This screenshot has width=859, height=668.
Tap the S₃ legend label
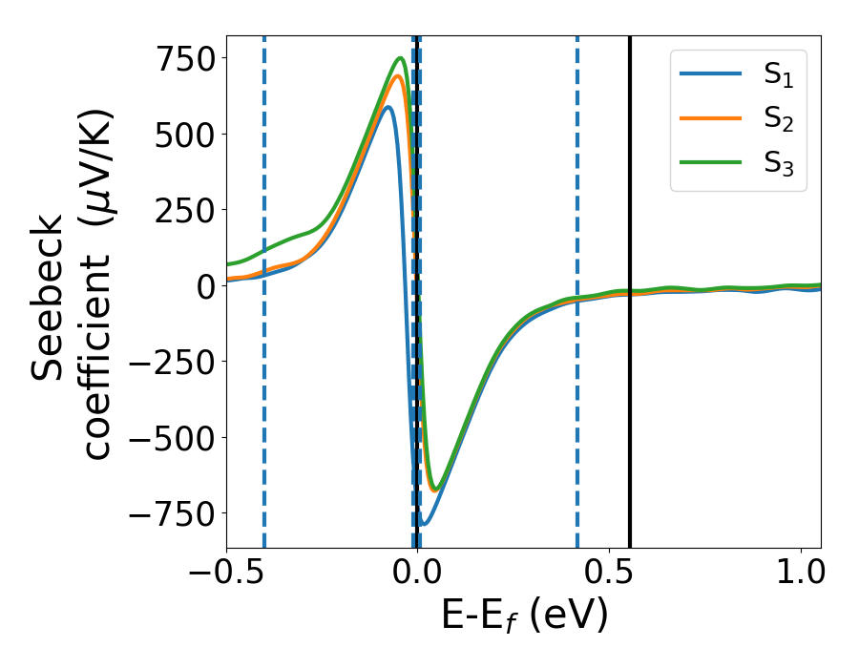click(x=778, y=163)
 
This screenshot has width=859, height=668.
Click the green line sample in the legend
click(x=710, y=163)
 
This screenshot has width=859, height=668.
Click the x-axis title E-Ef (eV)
click(x=523, y=617)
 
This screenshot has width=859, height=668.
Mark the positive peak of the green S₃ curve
click(x=401, y=58)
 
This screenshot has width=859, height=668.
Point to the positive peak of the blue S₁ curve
click(x=388, y=107)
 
